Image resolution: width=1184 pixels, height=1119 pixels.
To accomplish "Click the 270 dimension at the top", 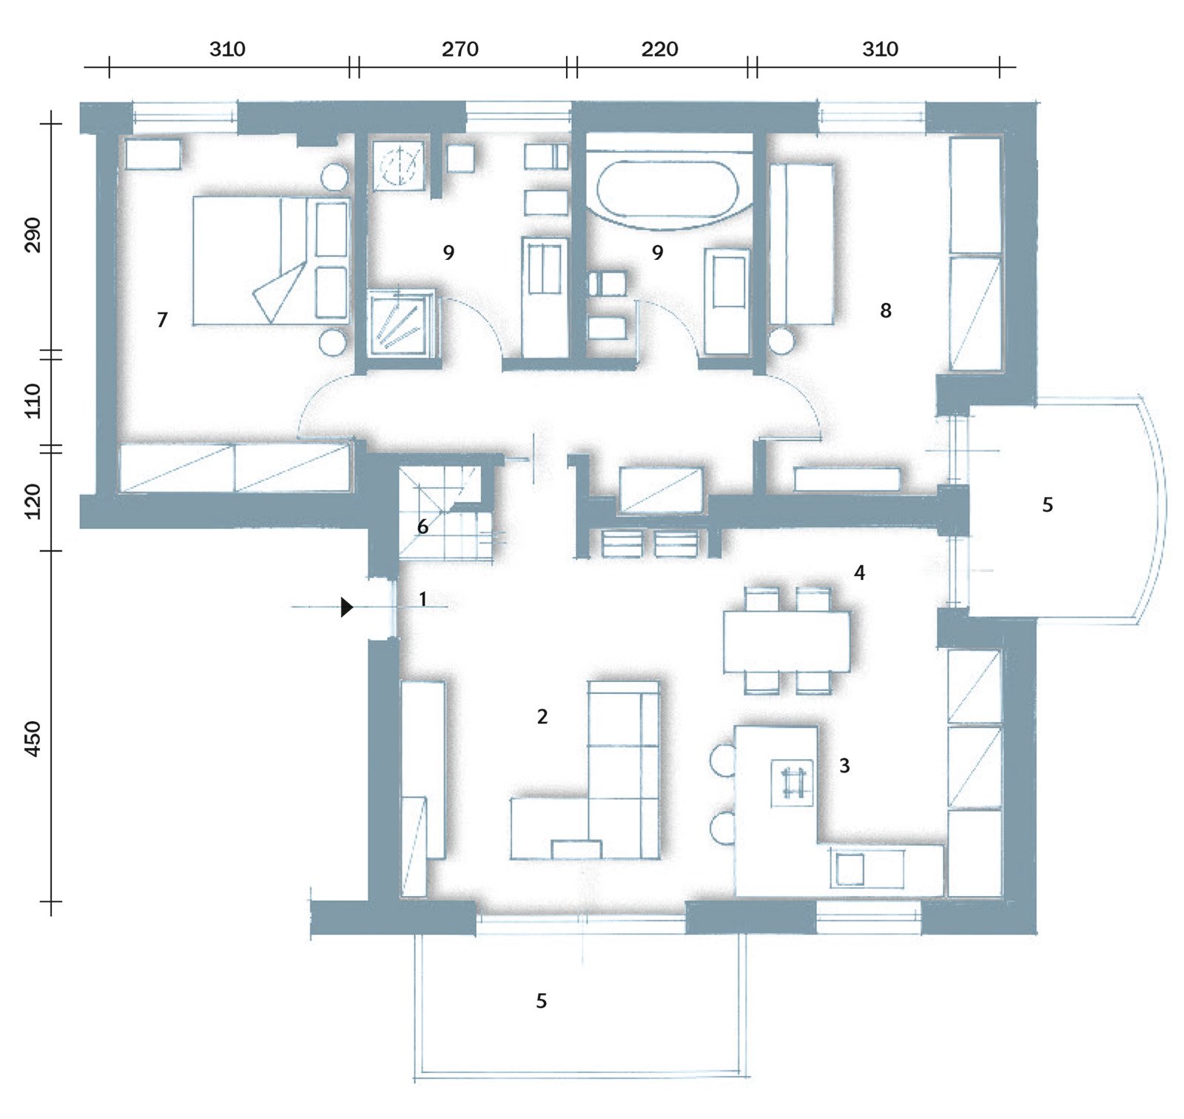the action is point(460,50).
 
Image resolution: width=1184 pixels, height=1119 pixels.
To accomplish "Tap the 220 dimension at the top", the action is point(660,50).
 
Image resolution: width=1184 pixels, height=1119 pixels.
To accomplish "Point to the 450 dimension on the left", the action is point(33,739).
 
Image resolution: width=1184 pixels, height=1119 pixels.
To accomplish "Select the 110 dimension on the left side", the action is point(33,401).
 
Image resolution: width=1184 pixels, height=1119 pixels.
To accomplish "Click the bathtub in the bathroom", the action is point(667,189).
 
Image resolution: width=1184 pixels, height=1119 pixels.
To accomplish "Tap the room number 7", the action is point(162,320).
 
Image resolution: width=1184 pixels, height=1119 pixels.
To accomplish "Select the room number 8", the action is point(885,310).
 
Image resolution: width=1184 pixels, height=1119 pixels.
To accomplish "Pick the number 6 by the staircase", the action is point(423,527).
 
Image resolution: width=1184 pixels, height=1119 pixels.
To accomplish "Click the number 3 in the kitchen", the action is point(844,766).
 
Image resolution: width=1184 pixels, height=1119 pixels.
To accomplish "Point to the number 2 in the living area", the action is point(542,716).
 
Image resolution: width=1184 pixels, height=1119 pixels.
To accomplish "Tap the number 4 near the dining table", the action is point(859,572).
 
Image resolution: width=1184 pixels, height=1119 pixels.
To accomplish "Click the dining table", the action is point(787,641).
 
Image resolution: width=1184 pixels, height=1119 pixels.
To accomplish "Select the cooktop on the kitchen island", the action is point(792,783).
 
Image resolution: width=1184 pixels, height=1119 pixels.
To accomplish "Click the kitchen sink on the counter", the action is point(850,869).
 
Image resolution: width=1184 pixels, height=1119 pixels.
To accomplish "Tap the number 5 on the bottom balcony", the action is point(542,1001).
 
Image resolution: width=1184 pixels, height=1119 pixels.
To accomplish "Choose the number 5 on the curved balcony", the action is point(1047,505).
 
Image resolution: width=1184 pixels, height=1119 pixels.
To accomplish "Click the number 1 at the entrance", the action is point(423,598).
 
